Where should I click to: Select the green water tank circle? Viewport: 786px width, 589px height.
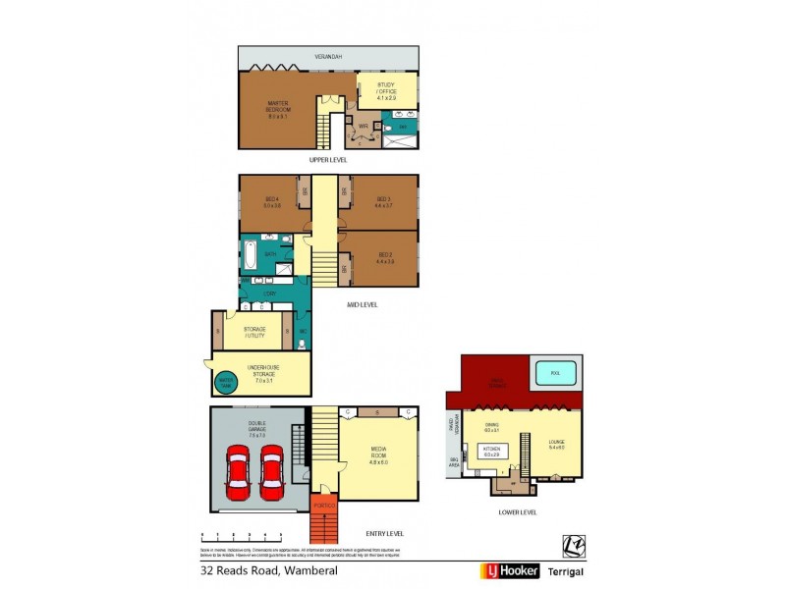click(x=224, y=382)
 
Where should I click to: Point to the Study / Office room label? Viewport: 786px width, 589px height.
click(x=385, y=91)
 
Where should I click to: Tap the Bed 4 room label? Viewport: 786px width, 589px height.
click(x=272, y=204)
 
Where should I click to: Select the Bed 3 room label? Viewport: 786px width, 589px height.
click(x=383, y=204)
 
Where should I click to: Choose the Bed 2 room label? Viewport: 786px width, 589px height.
click(x=384, y=260)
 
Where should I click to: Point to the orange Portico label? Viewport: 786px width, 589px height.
click(x=323, y=506)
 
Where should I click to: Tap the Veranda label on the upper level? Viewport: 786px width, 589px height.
click(x=328, y=57)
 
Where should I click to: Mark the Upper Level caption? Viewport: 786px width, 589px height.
click(x=328, y=160)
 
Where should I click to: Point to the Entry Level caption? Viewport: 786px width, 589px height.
click(x=383, y=533)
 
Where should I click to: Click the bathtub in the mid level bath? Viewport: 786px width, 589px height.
click(x=250, y=259)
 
